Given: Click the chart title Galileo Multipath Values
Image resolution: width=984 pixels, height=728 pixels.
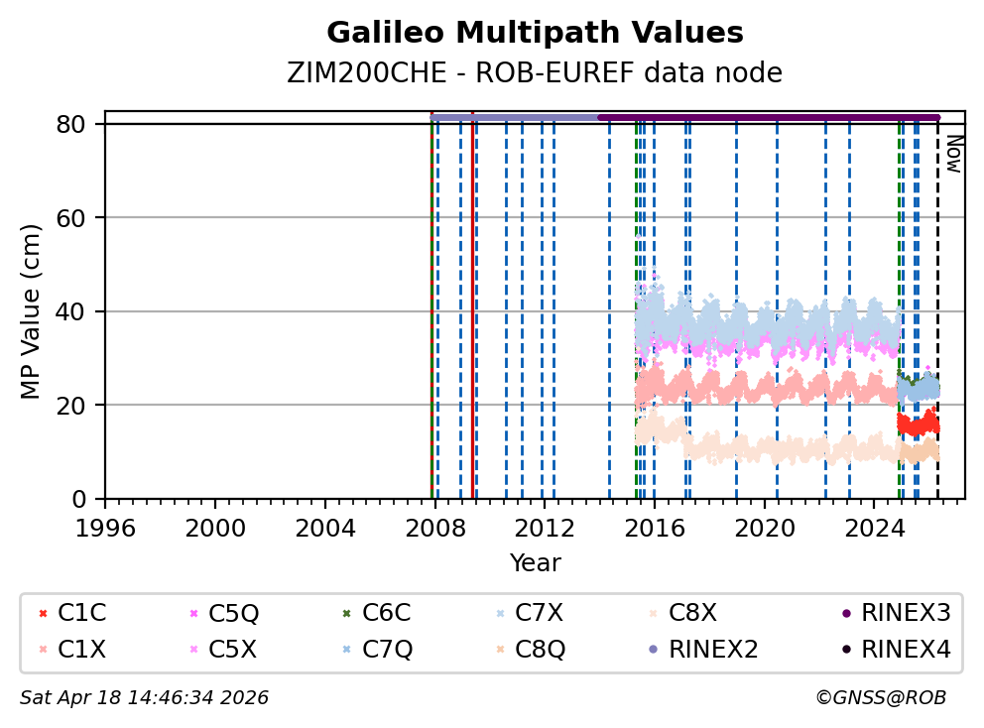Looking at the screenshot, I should (x=535, y=34).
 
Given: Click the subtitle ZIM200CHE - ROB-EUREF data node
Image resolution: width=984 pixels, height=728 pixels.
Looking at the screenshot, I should (x=535, y=72).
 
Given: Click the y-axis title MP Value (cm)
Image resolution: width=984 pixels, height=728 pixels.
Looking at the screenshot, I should (x=33, y=311).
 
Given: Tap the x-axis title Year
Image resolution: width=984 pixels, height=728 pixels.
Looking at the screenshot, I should (x=535, y=563).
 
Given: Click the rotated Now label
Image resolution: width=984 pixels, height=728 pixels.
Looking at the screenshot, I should (x=953, y=154).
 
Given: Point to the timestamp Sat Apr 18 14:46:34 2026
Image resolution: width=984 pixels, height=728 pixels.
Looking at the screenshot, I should (x=144, y=698).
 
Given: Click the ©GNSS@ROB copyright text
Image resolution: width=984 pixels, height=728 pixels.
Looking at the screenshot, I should (x=881, y=698).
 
